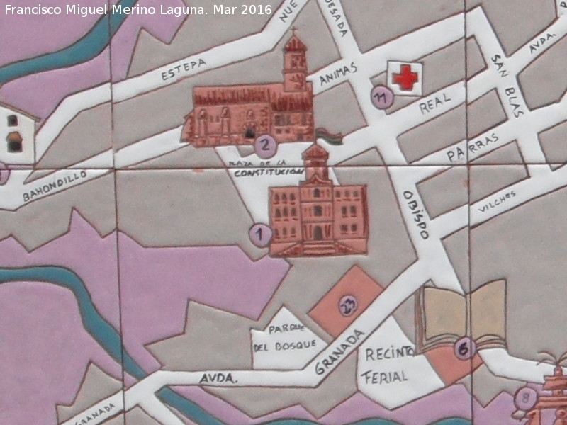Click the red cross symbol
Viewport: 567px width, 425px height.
tap(405, 76)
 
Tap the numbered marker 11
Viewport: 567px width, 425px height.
tap(383, 98)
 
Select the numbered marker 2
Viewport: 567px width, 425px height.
tap(264, 147)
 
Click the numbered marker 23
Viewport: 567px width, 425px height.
tap(347, 305)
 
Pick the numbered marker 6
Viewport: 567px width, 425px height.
tap(464, 348)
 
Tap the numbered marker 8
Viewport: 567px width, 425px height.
tap(526, 396)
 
